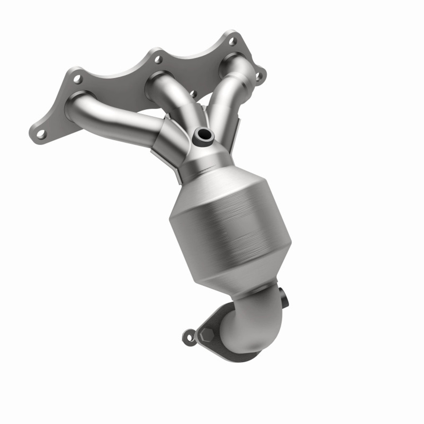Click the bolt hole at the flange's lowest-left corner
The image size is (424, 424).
pos(41,134)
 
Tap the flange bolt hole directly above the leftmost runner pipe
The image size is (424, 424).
pos(78,79)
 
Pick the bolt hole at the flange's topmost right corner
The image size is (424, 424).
pos(233,41)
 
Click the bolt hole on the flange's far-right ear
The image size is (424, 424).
pos(259,77)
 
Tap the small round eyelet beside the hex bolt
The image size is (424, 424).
pos(188,336)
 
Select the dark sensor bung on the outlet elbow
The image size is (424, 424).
pos(284,297)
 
